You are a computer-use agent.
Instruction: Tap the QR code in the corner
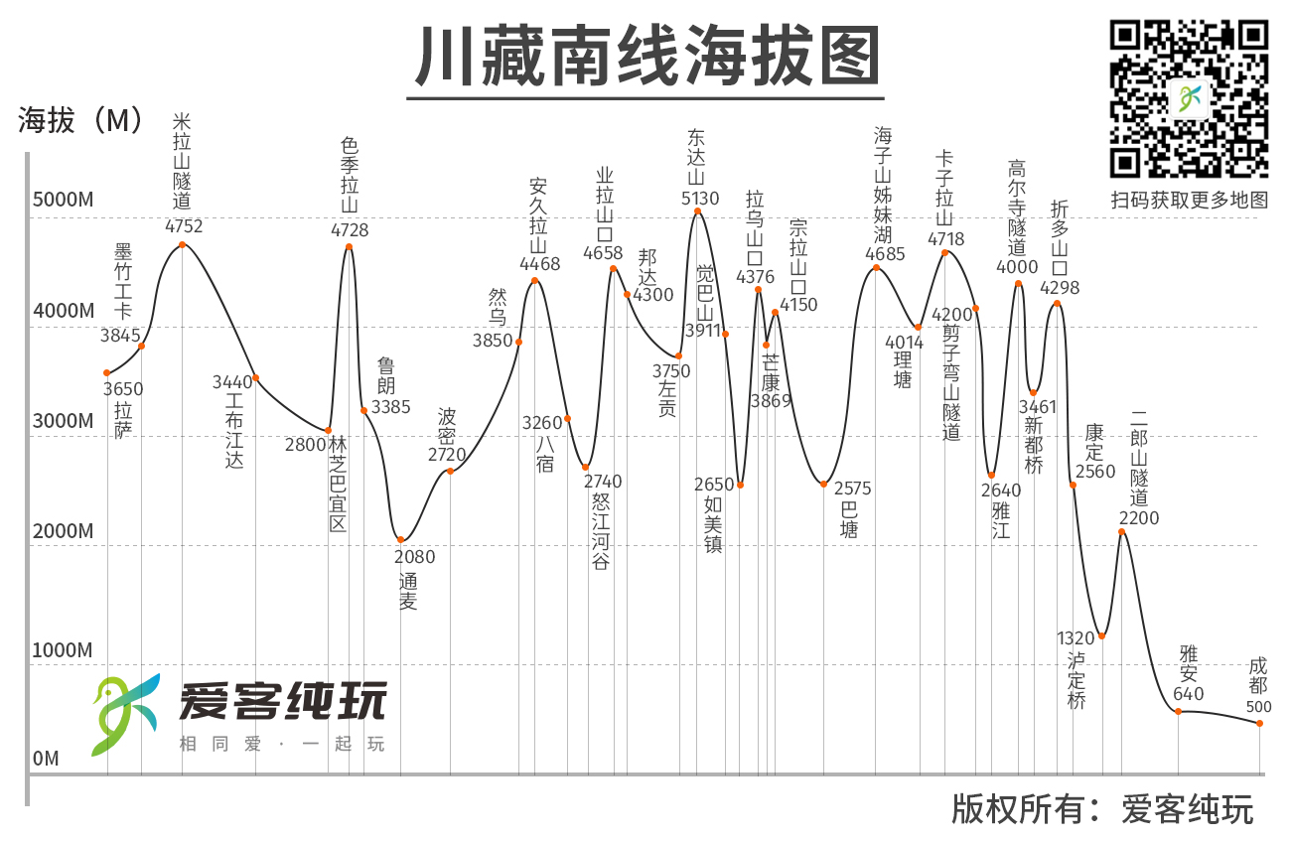pos(1189,98)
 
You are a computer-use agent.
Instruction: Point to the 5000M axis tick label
pos(63,200)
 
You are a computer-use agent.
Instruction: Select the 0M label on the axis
pos(46,759)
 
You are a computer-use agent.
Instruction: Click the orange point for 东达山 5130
pos(697,210)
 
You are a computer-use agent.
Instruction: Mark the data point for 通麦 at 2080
pos(401,539)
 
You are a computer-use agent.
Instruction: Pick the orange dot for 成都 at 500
pos(1259,723)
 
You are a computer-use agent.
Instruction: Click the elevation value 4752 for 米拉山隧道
pos(182,225)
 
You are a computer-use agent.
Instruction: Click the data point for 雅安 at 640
pos(1179,711)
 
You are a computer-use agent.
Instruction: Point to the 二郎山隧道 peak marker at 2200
pos(1122,532)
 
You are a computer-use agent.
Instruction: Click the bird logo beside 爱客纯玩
pos(125,714)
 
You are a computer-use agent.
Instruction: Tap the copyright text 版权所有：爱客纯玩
pos(1102,809)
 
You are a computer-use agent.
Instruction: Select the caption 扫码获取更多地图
pos(1189,200)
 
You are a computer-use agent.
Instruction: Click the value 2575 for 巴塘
pos(852,489)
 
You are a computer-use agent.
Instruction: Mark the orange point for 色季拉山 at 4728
pos(349,246)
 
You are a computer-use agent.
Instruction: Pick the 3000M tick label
pos(63,421)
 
